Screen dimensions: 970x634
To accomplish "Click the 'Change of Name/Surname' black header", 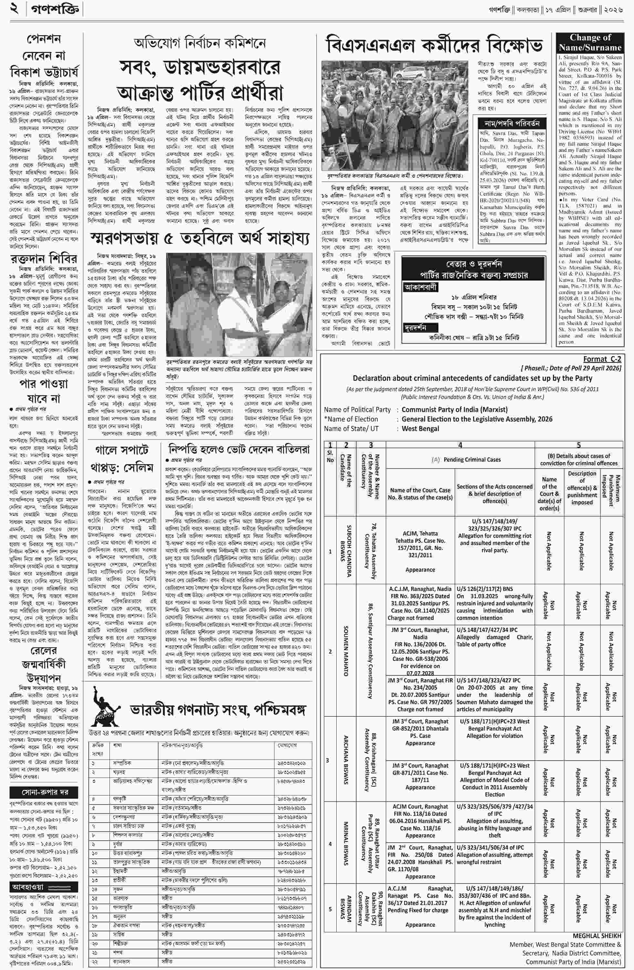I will [590, 42].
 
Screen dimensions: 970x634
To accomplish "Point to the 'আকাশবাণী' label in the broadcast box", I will [420, 287].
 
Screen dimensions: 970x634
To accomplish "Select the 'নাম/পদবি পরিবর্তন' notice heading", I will [512, 123].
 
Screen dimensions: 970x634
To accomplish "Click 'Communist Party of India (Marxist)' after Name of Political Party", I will [455, 409].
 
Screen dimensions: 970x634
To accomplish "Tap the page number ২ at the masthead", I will [15, 9].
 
